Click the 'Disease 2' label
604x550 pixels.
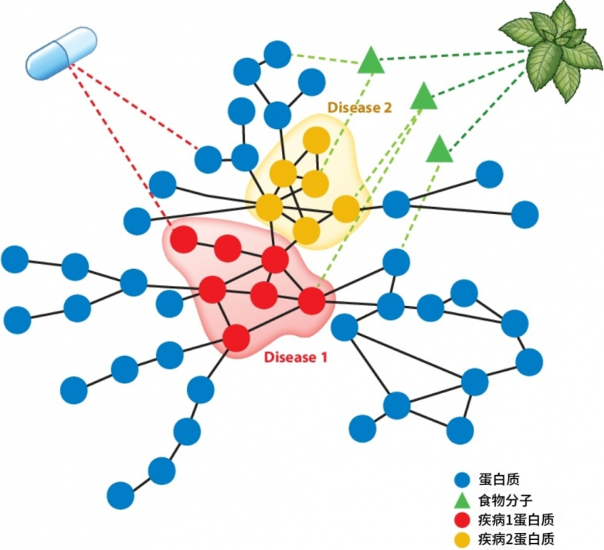[359, 107]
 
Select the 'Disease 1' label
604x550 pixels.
[296, 357]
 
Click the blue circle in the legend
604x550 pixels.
[462, 480]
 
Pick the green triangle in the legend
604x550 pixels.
[462, 501]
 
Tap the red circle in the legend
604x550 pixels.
[462, 520]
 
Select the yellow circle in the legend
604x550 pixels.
[462, 539]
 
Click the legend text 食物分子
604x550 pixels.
[505, 501]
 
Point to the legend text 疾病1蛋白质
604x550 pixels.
[516, 520]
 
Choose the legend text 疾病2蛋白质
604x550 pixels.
[516, 539]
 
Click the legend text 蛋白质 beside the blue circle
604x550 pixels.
[499, 480]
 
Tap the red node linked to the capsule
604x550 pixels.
[184, 239]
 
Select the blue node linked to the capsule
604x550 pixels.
[208, 159]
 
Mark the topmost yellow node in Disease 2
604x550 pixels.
[316, 140]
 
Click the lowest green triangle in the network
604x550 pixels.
[439, 149]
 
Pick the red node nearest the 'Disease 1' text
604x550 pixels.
[236, 338]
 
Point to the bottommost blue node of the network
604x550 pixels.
[120, 495]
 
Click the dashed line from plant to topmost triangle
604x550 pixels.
[454, 56]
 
